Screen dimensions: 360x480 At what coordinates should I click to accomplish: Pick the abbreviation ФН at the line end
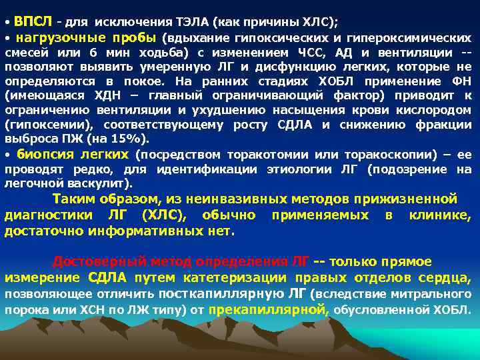coord(460,81)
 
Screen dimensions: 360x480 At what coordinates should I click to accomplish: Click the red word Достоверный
coord(91,261)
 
